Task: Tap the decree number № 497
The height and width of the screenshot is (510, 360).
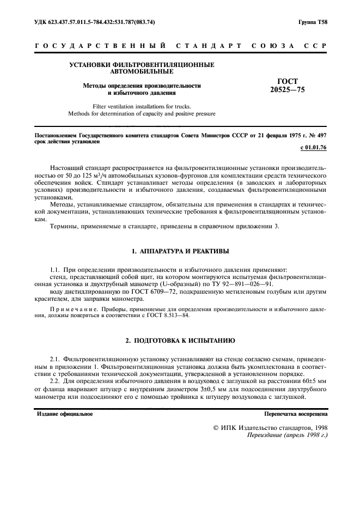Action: click(318, 133)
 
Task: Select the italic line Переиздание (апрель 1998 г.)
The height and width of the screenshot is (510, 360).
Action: click(287, 436)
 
